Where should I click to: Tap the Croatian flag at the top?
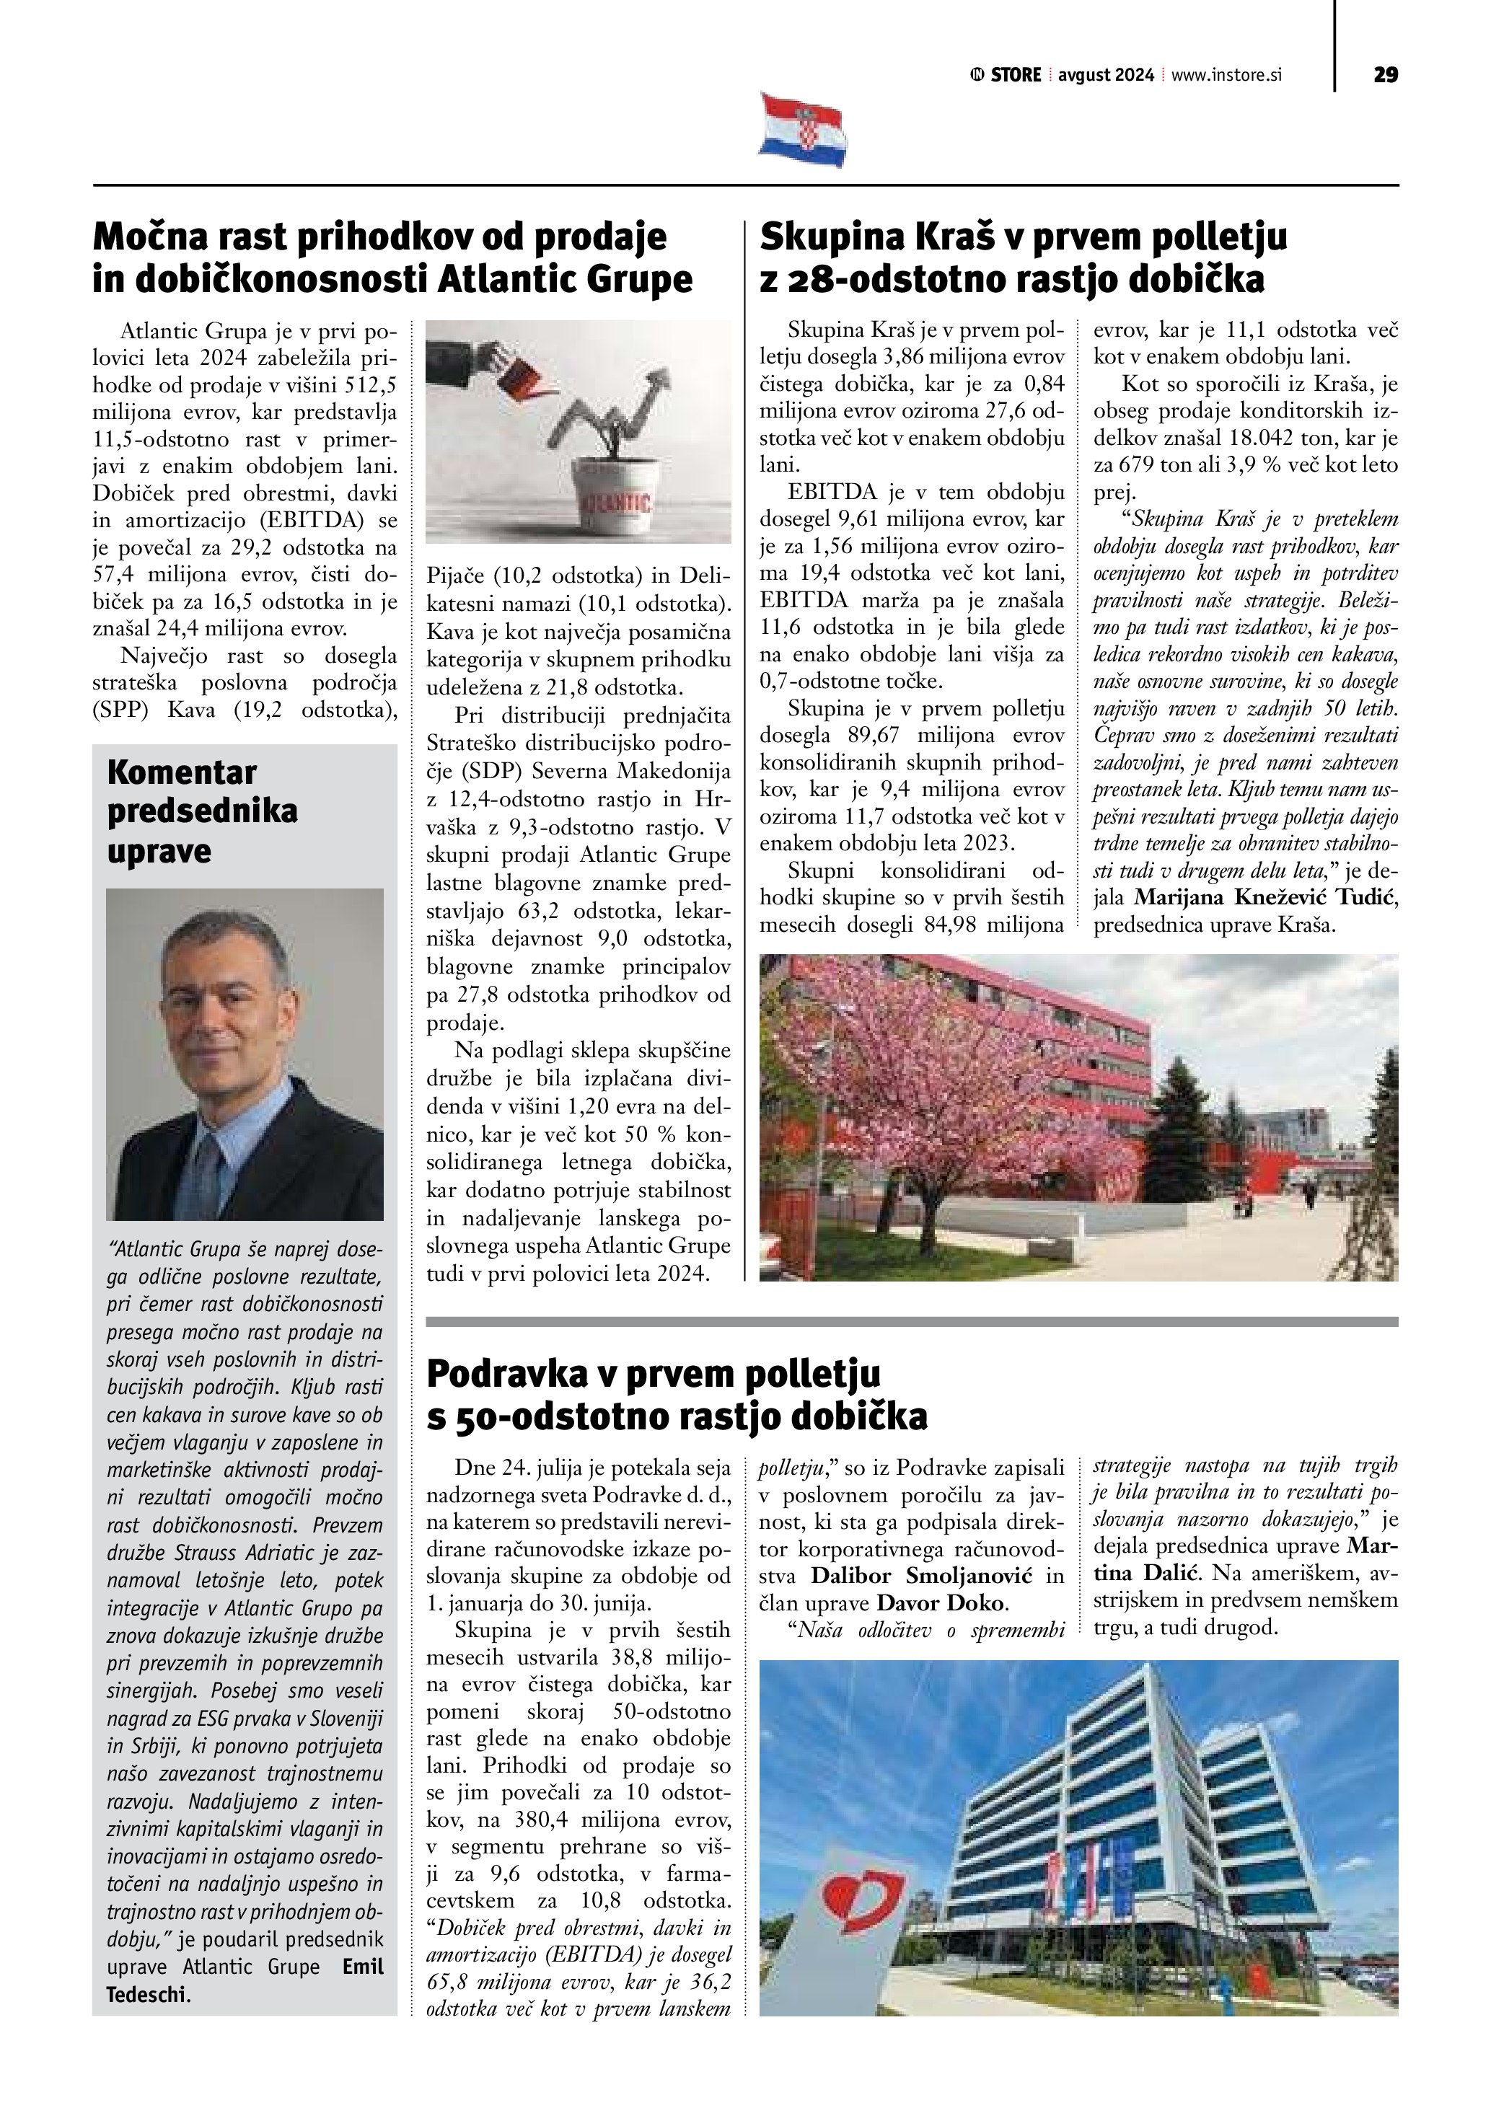coord(802,130)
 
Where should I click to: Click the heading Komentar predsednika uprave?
coord(201,811)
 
